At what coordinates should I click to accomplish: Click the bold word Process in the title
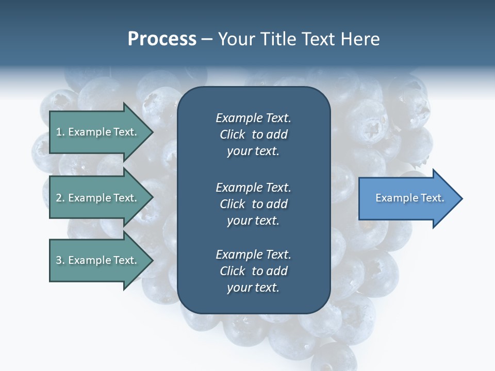(162, 39)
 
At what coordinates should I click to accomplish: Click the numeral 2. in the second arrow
(60, 198)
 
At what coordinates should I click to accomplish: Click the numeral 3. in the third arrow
(60, 260)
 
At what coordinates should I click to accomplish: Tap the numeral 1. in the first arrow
(60, 132)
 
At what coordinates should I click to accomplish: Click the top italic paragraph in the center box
(253, 134)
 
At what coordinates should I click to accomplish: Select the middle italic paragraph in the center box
(253, 204)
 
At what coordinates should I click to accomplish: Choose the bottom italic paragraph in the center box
(253, 271)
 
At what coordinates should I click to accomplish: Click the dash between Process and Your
(207, 39)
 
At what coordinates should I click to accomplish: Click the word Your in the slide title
(236, 39)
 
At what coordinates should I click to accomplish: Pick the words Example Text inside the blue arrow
(409, 198)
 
